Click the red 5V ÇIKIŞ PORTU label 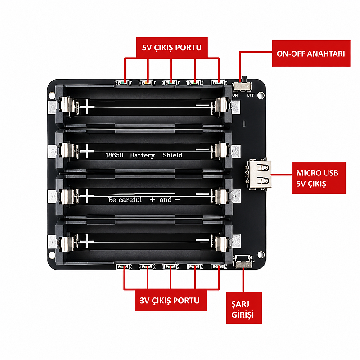[172, 47]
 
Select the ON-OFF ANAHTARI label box [311, 54]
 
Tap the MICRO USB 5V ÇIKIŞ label [319, 178]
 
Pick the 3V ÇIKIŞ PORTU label [171, 300]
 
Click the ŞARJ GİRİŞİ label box [244, 308]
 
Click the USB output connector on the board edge [257, 175]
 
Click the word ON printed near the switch [235, 95]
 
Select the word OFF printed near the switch [251, 95]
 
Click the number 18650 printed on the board [114, 155]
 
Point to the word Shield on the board [172, 155]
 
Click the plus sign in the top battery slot [87, 107]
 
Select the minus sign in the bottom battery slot [202, 240]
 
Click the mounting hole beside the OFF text [261, 95]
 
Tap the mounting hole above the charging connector [261, 254]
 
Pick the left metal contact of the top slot [67, 105]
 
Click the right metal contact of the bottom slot [221, 243]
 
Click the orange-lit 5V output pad [147, 82]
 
